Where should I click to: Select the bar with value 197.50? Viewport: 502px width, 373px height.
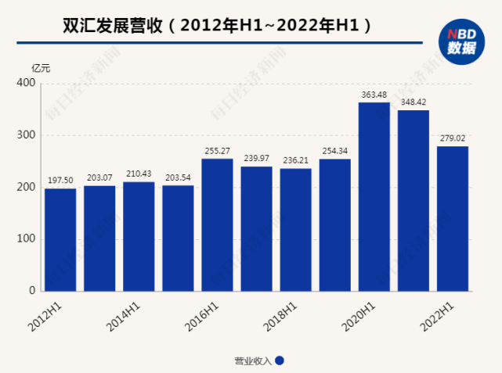coord(60,239)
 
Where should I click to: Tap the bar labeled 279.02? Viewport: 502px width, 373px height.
coord(453,219)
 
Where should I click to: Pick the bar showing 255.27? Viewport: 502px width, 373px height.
coord(217,225)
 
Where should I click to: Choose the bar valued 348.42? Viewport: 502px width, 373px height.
coord(413,201)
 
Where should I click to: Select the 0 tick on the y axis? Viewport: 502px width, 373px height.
coord(32,291)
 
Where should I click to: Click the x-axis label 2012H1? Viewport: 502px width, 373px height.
coord(48,316)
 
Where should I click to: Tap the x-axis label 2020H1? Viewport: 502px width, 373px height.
coord(361,316)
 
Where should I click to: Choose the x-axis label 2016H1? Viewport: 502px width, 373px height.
coord(204,316)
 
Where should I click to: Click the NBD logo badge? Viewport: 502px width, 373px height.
coord(460,41)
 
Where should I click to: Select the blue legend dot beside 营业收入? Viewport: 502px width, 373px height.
coord(280,360)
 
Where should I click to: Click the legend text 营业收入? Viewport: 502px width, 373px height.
coord(252,360)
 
